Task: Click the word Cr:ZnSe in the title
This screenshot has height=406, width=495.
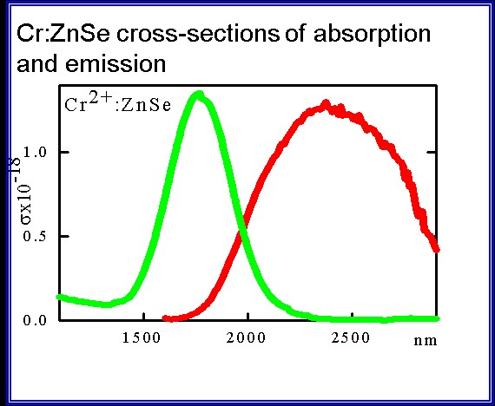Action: (63, 34)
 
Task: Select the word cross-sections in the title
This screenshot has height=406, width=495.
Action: (198, 34)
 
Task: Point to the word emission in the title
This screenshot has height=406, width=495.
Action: (115, 63)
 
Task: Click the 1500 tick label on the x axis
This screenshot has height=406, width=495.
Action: (142, 338)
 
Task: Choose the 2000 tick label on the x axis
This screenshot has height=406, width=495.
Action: (246, 338)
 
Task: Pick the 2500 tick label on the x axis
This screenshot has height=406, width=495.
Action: (351, 338)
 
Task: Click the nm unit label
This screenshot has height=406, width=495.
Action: (426, 341)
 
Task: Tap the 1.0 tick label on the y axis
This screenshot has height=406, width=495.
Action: (35, 153)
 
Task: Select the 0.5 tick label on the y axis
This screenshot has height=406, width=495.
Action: (35, 236)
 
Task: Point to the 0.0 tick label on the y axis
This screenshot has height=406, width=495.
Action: (35, 320)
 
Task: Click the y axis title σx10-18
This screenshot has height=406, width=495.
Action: (22, 192)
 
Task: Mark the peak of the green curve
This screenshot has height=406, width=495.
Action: (199, 94)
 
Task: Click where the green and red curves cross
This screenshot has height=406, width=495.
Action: (242, 232)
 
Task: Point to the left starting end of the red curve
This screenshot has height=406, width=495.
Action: (165, 318)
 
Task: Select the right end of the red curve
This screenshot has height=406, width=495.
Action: (437, 249)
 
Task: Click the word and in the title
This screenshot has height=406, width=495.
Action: (37, 63)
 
